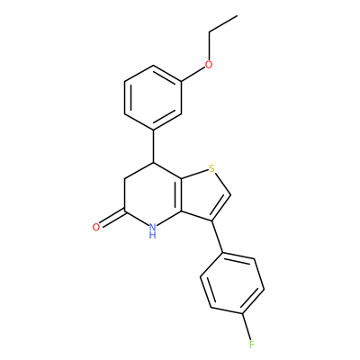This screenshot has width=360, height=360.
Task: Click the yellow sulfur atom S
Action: [x=211, y=169]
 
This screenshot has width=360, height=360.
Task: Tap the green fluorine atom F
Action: [x=251, y=344]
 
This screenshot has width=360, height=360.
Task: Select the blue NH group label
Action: [x=153, y=230]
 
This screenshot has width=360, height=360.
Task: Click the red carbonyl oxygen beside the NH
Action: [x=96, y=227]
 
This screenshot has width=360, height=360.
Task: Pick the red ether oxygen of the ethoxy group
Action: [x=209, y=64]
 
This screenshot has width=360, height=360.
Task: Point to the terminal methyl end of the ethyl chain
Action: [x=238, y=15]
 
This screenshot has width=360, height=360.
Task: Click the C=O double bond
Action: [x=111, y=219]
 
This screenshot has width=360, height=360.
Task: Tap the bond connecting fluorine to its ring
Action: [x=247, y=327]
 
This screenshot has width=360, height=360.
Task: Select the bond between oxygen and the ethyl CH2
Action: [x=209, y=46]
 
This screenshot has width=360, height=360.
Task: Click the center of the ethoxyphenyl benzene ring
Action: [x=153, y=98]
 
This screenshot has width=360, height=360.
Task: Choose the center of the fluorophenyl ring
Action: [x=232, y=283]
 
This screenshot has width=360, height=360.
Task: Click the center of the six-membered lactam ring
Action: [x=153, y=195]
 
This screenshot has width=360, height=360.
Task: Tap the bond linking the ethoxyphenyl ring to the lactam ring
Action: [x=154, y=147]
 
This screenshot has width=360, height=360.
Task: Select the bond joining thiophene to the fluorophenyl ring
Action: [x=218, y=237]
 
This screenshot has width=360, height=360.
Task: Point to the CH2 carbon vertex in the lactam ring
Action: [x=125, y=179]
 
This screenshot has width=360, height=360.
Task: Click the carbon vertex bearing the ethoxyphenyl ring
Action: [x=154, y=163]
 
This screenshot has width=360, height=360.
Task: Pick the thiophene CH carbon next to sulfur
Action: [x=230, y=195]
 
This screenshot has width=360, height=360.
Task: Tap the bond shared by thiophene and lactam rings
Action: [x=181, y=195]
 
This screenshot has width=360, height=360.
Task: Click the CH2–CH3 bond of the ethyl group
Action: [x=223, y=23]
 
